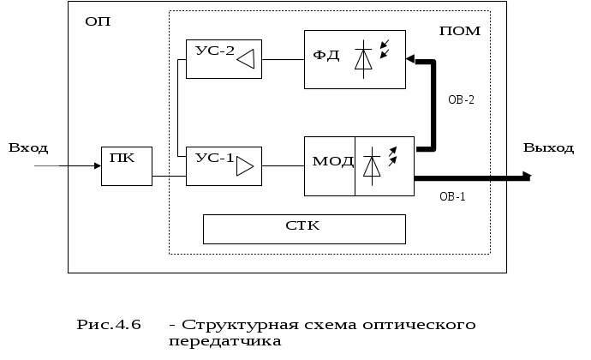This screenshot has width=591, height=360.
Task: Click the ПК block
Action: coord(126,165)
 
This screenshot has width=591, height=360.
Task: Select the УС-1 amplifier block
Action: coord(224,165)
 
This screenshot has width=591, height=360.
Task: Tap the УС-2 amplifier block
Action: coord(224,58)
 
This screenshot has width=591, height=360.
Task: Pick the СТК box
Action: coord(303,228)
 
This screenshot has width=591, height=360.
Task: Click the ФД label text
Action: coord(326,57)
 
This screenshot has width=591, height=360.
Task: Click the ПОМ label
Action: coord(459,31)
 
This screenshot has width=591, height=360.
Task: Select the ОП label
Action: coord(97,21)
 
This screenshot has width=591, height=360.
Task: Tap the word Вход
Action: coord(28,147)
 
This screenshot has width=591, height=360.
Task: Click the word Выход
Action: coord(548,147)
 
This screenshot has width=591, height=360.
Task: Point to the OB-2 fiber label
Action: coord(461,99)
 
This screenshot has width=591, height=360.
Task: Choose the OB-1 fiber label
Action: coord(452,196)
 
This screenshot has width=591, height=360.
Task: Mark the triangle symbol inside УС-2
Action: coord(247,59)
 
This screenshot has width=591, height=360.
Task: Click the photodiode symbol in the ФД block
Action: coord(366,57)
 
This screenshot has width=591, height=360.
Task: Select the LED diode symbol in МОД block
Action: coord(373,164)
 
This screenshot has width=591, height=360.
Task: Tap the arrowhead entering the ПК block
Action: coord(96,166)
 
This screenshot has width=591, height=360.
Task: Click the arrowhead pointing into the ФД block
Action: coord(409,60)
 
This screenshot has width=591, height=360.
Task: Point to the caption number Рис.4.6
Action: coord(108,324)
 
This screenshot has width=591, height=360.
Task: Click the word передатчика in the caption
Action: coord(225,341)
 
